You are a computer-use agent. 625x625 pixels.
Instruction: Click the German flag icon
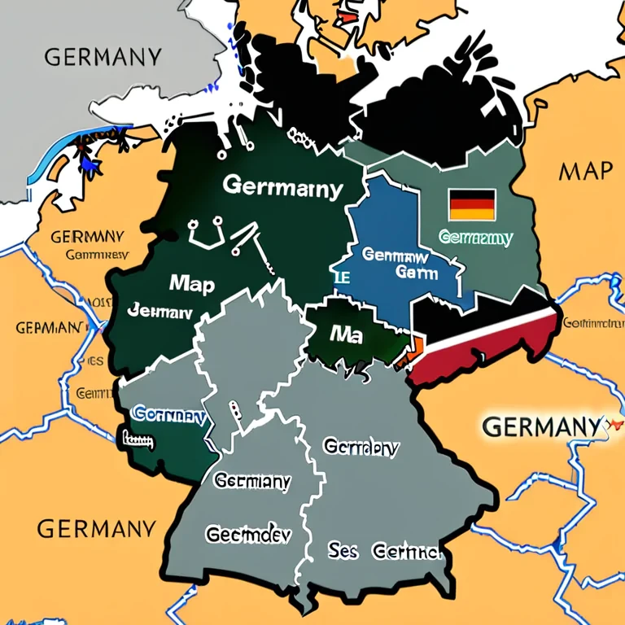click(x=472, y=204)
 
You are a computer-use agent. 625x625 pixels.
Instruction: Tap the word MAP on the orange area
click(x=585, y=171)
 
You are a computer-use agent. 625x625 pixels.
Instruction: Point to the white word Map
click(x=191, y=284)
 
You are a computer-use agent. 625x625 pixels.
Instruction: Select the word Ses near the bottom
click(x=343, y=552)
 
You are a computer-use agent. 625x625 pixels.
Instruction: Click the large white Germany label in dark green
click(x=282, y=188)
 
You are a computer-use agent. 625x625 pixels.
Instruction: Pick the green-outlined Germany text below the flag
click(x=475, y=238)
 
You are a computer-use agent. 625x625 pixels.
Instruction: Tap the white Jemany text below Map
click(x=160, y=311)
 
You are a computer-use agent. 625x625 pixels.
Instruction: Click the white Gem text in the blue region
click(x=415, y=273)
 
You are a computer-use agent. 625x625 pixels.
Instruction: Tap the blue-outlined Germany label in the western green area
click(x=168, y=414)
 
